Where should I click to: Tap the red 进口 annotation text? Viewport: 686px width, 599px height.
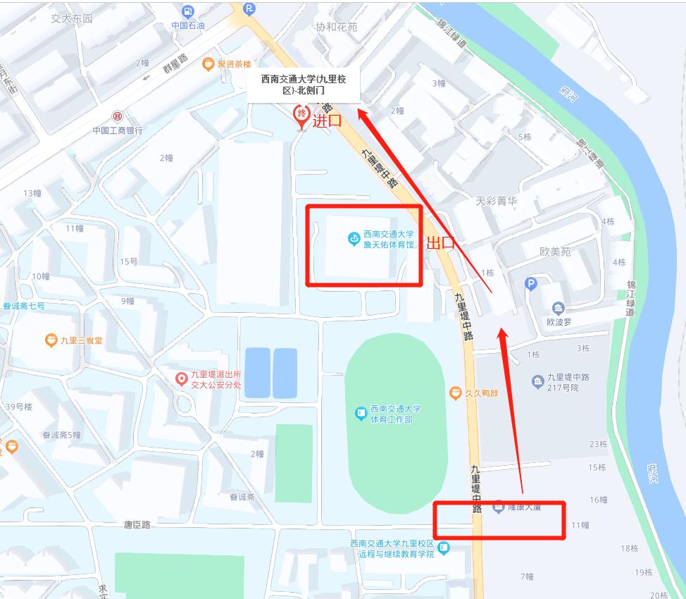[x=327, y=121]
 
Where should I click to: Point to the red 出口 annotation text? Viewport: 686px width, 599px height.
[x=442, y=244]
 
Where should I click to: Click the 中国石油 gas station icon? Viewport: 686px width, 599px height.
[x=187, y=11]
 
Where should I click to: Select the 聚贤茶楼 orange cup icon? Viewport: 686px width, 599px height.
[x=208, y=64]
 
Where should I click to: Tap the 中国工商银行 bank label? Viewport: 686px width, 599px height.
[x=118, y=130]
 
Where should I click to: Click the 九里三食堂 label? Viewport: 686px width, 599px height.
[x=82, y=340]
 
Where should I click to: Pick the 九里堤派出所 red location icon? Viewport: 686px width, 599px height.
[x=182, y=380]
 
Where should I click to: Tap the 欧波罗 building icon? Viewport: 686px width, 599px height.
[x=558, y=307]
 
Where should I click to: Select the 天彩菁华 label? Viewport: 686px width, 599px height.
[x=496, y=201]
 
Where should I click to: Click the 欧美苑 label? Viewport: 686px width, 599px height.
[x=555, y=252]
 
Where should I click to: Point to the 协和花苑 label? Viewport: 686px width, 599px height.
[x=336, y=27]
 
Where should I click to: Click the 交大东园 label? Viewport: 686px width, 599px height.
[x=71, y=18]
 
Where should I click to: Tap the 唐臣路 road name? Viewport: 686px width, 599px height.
[x=137, y=524]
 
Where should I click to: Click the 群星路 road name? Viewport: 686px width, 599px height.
[x=175, y=64]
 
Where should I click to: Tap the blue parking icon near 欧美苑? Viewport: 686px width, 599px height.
[x=532, y=284]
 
